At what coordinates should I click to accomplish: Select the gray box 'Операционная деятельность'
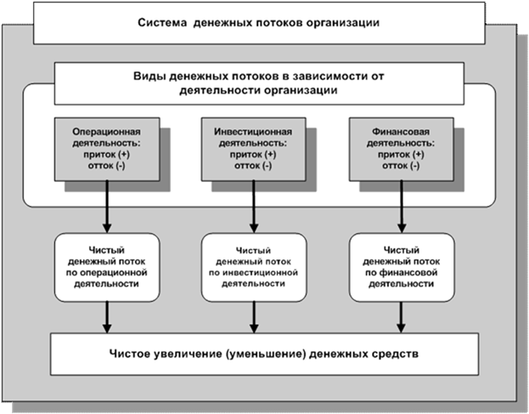click(105, 150)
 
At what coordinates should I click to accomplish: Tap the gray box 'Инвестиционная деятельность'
click(251, 150)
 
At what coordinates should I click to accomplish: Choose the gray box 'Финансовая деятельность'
click(398, 150)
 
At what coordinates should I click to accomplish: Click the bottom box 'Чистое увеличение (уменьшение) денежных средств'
click(264, 352)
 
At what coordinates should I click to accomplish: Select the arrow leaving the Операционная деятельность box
click(106, 207)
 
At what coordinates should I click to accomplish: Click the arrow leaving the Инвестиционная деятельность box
click(252, 207)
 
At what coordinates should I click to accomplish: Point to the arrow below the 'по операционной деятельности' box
click(106, 317)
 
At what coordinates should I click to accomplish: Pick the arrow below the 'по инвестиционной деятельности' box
click(252, 317)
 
